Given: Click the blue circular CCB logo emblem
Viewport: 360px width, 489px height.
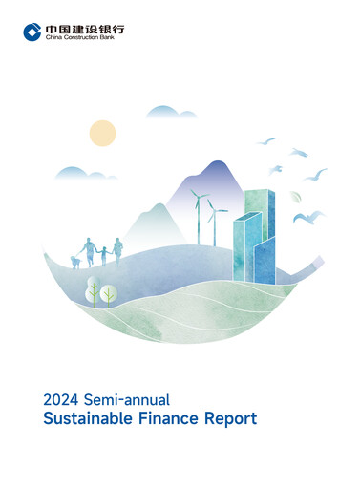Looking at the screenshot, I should click(32, 32).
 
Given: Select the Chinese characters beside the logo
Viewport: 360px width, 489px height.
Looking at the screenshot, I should click(84, 28).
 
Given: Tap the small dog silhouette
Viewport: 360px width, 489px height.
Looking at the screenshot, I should click(75, 259).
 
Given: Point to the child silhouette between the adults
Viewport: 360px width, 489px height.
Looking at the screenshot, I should click(103, 255).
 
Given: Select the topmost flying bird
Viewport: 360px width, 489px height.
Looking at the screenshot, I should click(267, 141).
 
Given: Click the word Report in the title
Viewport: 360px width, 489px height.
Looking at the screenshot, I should click(226, 418).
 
